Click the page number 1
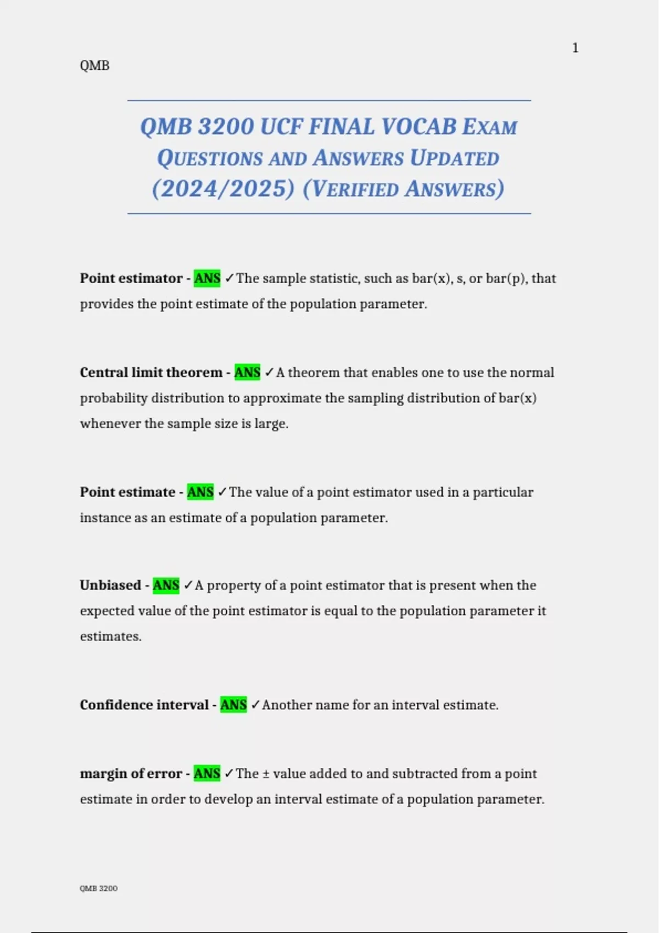pyautogui.click(x=575, y=48)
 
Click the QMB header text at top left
pyautogui.click(x=94, y=66)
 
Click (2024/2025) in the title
pyautogui.click(x=224, y=189)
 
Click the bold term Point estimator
pyautogui.click(x=131, y=278)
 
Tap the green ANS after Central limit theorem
pyautogui.click(x=247, y=373)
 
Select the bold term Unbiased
pyautogui.click(x=110, y=586)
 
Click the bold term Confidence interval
pyautogui.click(x=144, y=705)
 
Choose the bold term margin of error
pyautogui.click(x=131, y=774)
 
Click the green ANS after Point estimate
pyautogui.click(x=200, y=492)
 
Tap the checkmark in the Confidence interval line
pyautogui.click(x=255, y=705)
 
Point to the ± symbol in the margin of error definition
pyautogui.click(x=266, y=774)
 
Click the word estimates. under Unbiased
pyautogui.click(x=111, y=637)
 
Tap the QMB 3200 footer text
pyautogui.click(x=98, y=889)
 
